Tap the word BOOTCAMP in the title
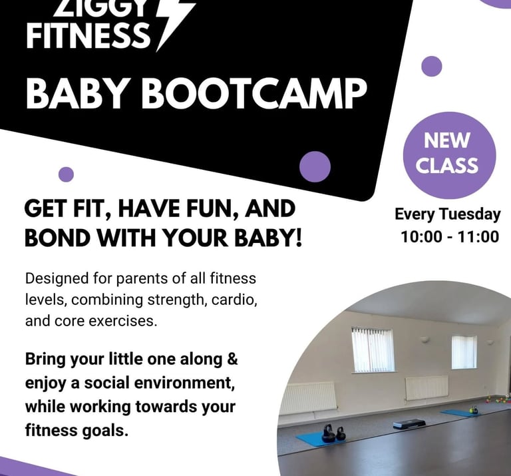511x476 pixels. tap(254, 94)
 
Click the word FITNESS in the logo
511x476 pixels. tap(88, 36)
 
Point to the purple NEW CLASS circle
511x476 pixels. tap(449, 155)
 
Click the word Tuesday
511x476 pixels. tap(470, 215)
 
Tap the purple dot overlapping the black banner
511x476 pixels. tap(315, 166)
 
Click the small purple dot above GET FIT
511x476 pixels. tap(66, 174)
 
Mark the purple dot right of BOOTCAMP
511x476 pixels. tap(432, 66)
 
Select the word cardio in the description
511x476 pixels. tap(234, 300)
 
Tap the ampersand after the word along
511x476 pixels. tap(232, 359)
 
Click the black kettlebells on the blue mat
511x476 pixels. tap(334, 433)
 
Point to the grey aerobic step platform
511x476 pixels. tap(409, 423)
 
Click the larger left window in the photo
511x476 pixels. tap(373, 350)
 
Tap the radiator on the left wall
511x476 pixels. tap(308, 397)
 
